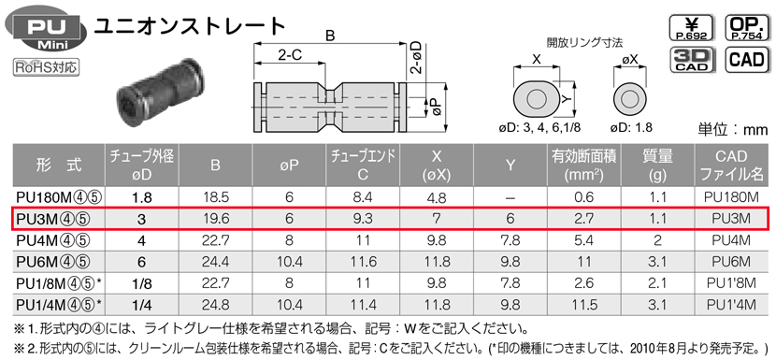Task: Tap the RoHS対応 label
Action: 46,66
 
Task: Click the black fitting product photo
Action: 159,93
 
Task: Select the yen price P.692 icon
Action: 692,28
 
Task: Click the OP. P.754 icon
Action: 747,28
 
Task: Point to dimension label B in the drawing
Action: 330,36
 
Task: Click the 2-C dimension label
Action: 290,55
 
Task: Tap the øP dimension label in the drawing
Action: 435,106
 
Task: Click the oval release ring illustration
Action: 536,99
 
